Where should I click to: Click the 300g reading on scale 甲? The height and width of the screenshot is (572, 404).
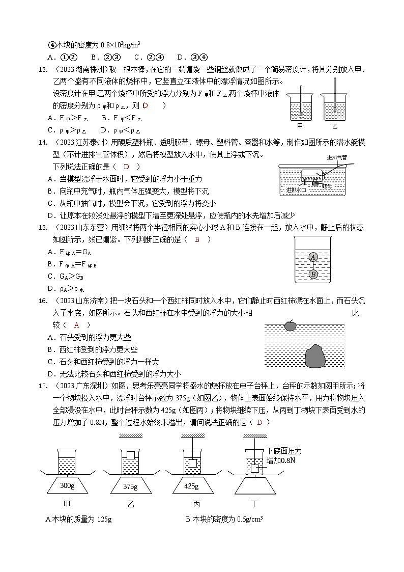67,485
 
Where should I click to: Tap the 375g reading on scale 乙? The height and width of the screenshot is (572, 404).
131,486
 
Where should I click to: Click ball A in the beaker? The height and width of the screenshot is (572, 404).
313,257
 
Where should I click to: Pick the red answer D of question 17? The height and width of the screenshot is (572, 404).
259,422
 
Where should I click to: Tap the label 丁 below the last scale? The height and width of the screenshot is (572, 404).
254,504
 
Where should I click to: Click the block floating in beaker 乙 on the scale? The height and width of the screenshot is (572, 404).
131,455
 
